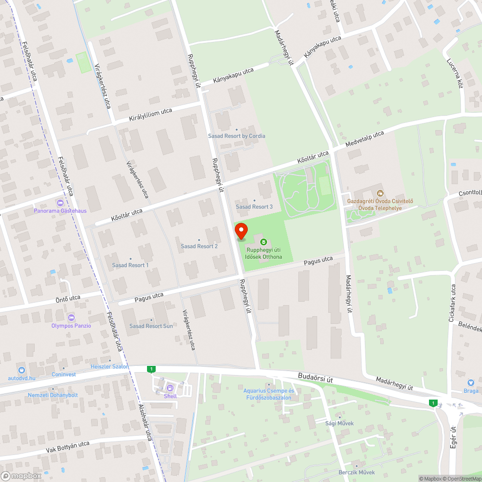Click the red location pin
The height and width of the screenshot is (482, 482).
pos(241,231)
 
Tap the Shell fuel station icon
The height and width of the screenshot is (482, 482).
pos(170,388)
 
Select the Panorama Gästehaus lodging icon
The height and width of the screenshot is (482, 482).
pos(60,203)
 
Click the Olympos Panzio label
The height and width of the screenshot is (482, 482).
pos(71,326)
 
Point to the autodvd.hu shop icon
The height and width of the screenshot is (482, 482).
pos(22,370)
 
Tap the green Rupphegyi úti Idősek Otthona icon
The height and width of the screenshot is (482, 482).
pos(263,241)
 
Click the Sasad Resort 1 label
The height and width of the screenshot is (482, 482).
pos(130,265)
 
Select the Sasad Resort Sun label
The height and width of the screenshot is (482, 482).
pos(151,326)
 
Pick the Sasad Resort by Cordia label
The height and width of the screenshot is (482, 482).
pos(236,136)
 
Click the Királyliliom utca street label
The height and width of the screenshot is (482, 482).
pos(150,115)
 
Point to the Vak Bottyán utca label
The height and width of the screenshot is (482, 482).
pos(68,447)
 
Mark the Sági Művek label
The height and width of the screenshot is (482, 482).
pos(339,423)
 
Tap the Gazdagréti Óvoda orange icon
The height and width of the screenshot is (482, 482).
pos(379,193)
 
